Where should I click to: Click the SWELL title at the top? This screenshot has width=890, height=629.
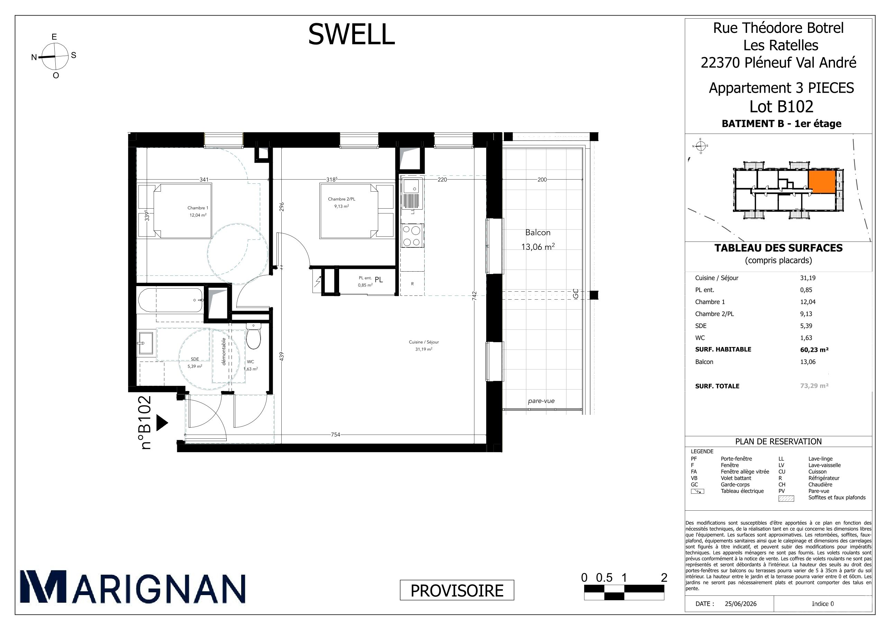click(x=351, y=34)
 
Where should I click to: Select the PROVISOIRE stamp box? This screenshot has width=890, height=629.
click(x=457, y=590)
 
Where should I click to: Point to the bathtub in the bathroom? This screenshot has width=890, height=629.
click(x=171, y=300)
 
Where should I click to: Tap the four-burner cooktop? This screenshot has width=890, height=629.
click(x=412, y=236)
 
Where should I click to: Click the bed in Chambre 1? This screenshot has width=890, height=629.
click(x=183, y=210)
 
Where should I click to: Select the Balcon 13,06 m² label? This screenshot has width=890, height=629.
click(x=538, y=239)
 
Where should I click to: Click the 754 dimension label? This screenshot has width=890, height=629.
click(x=335, y=435)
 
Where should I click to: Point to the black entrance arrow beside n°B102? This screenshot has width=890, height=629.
click(x=162, y=423)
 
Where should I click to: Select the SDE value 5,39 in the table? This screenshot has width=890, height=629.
click(x=806, y=326)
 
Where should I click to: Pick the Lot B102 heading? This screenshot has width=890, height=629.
click(x=781, y=106)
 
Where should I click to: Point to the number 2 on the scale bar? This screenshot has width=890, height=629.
click(x=664, y=578)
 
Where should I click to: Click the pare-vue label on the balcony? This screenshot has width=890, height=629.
click(x=541, y=401)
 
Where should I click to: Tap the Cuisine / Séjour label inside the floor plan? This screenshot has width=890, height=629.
click(x=424, y=342)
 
